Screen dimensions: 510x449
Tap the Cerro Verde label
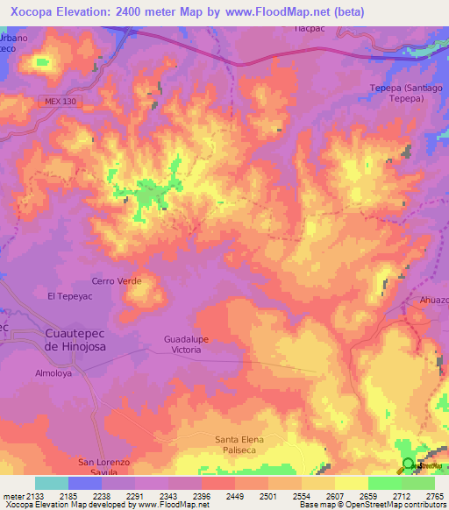point(116,281)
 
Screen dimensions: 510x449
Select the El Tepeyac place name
point(70,297)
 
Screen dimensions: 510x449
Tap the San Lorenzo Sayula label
point(104,466)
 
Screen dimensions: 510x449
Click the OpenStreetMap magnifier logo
point(409,464)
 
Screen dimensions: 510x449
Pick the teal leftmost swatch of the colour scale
point(52,483)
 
